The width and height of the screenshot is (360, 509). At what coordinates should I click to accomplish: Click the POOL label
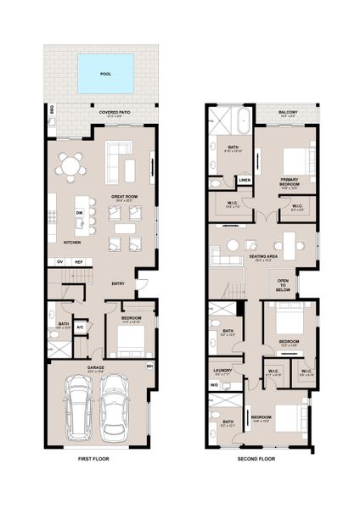click(x=105, y=74)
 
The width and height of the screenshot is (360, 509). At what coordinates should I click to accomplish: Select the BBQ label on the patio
click(x=51, y=109)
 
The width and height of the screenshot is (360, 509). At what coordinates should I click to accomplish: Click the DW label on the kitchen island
click(x=79, y=213)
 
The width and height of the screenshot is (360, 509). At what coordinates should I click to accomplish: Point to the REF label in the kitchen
click(x=80, y=262)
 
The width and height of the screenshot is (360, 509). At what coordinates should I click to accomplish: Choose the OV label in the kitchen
click(x=59, y=262)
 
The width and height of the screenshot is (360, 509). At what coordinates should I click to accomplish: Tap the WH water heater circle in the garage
click(x=149, y=366)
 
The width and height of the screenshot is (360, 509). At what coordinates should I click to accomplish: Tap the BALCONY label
click(x=287, y=112)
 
